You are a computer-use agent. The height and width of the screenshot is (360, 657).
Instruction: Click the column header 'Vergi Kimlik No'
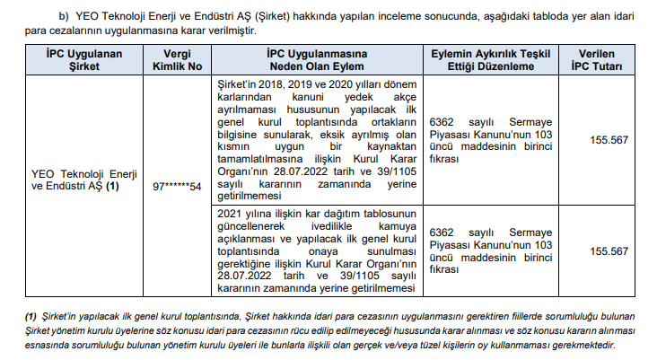177,60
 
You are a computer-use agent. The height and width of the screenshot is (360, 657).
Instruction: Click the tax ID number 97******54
177,186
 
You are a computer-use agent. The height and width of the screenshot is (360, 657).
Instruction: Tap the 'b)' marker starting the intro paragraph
65,16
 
